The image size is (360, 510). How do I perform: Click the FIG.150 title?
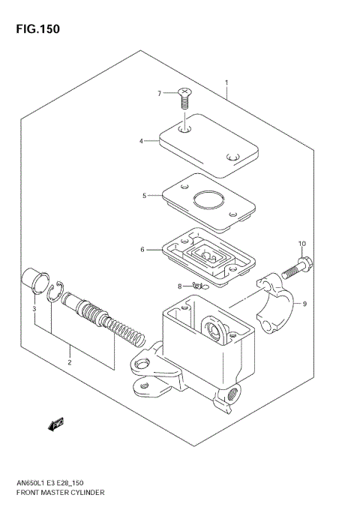(35, 29)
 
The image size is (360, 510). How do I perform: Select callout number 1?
(226, 82)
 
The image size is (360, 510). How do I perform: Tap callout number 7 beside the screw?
(159, 93)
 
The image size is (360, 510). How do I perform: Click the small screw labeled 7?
(184, 96)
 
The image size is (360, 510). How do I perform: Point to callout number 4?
(140, 139)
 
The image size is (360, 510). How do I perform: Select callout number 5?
(144, 196)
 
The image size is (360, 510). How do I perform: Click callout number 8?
(180, 286)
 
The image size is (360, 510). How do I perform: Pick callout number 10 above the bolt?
(302, 244)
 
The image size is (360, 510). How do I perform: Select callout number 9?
(305, 304)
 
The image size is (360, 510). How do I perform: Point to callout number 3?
(34, 309)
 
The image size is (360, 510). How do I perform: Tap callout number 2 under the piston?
(69, 362)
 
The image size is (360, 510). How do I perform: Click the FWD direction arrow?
(55, 424)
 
